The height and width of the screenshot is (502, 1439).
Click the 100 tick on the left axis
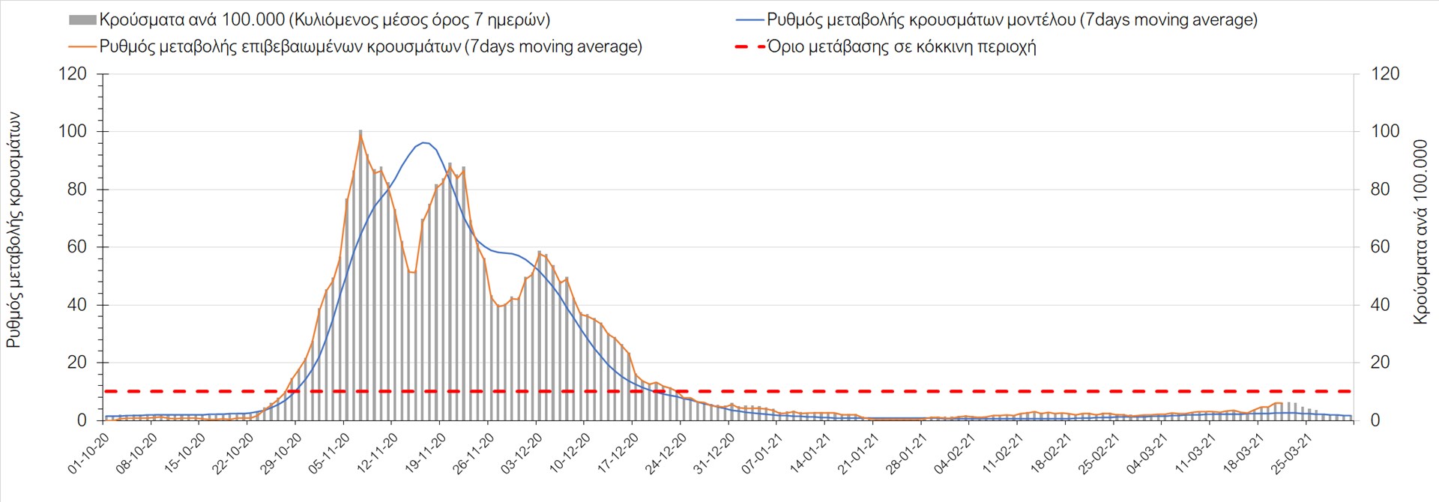point(72,131)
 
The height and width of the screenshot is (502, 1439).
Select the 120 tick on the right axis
point(1384,73)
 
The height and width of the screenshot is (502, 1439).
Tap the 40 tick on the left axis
point(76,304)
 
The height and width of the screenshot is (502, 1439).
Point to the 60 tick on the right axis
point(1380,247)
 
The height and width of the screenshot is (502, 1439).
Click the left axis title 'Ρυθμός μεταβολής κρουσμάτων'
point(13,230)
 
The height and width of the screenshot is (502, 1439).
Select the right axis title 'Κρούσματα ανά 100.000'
point(1420,232)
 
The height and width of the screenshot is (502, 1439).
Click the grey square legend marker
point(82,20)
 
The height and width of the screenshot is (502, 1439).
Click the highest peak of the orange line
point(360,134)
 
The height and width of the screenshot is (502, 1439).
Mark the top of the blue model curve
point(424,142)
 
